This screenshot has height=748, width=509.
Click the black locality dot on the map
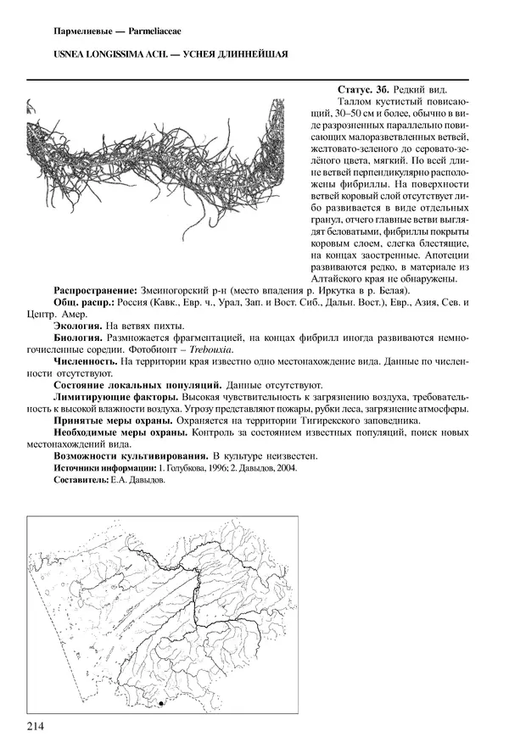(161, 703)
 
